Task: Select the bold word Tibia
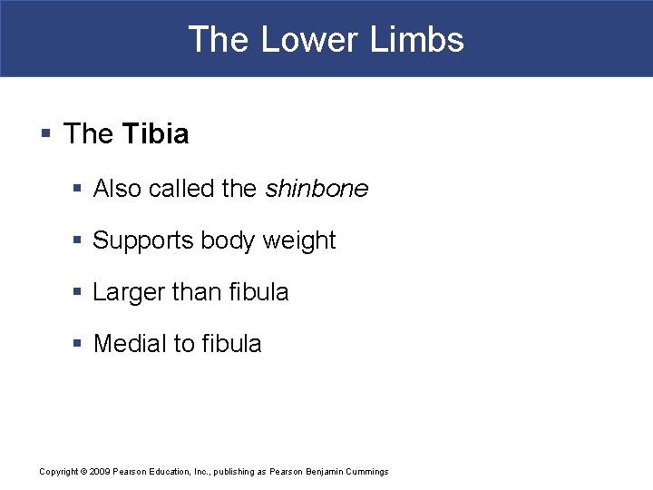coord(155,134)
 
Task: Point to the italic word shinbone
coord(317,189)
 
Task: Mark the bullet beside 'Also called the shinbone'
coord(77,190)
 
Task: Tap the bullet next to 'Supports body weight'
coord(77,241)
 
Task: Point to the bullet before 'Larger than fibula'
coord(77,293)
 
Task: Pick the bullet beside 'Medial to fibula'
coord(77,345)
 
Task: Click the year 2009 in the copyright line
coord(100,472)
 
